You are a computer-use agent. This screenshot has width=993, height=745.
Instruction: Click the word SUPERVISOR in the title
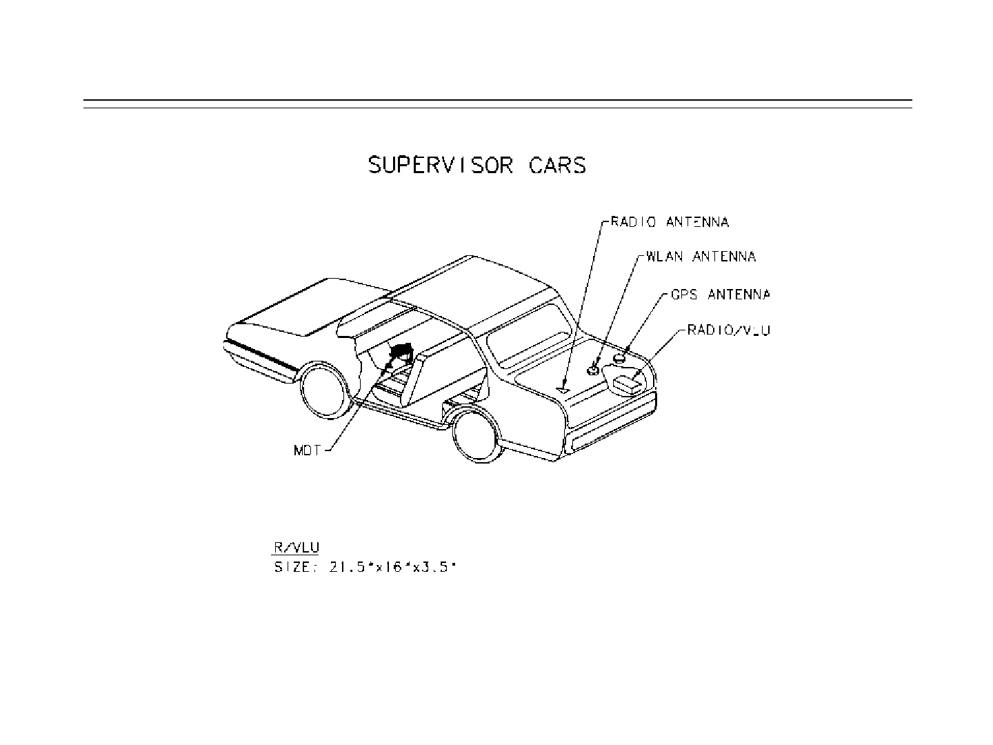point(441,166)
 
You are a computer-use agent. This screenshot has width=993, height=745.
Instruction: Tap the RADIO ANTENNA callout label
point(669,222)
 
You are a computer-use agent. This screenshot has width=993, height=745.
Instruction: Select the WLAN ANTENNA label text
point(701,257)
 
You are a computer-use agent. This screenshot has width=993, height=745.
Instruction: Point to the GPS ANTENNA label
point(720,295)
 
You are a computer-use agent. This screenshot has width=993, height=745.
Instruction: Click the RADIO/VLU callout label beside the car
point(729,330)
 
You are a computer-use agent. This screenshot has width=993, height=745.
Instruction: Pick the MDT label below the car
point(308,453)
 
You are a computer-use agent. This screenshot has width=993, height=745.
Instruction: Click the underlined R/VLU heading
point(297,548)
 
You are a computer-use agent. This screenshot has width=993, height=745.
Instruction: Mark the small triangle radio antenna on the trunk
point(563,390)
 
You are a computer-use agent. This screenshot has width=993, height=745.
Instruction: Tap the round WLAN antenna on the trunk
point(593,369)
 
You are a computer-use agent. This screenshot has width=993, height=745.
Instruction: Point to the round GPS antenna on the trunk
point(621,357)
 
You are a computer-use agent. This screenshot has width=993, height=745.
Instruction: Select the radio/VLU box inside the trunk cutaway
point(628,384)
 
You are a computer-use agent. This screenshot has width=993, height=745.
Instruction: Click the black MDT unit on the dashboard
point(400,352)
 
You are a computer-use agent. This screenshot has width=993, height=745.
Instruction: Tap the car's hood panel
point(290,310)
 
